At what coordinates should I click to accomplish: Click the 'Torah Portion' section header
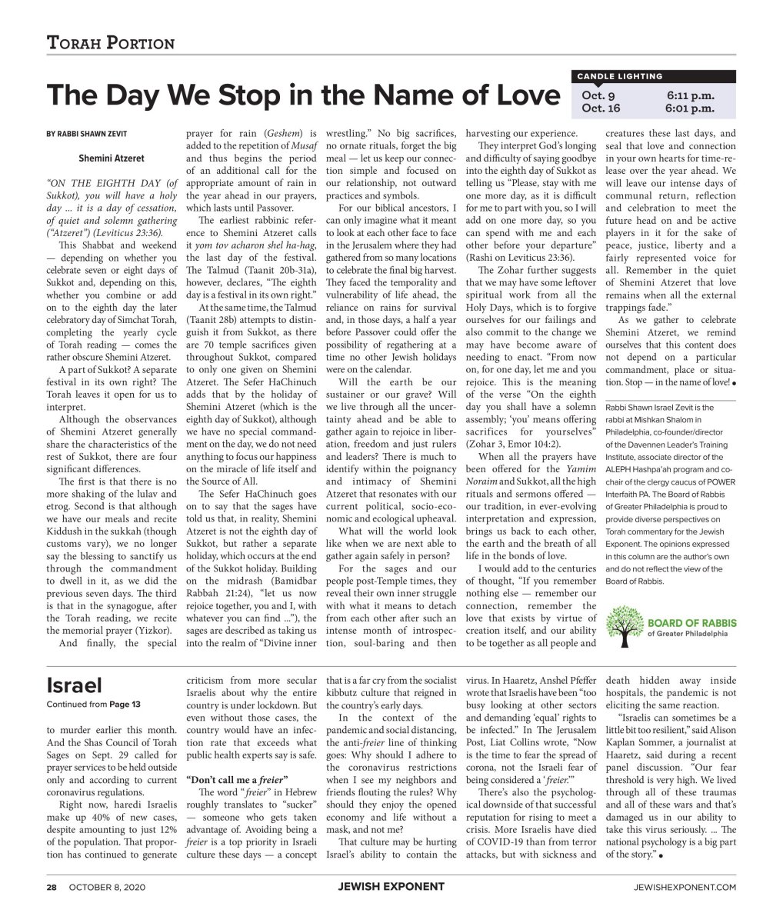coord(111,43)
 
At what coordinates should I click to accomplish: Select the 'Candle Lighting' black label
coord(619,76)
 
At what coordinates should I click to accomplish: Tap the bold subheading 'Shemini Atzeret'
coord(111,158)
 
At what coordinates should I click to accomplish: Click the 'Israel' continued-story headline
coord(74,685)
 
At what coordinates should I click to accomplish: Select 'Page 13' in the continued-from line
coord(125,704)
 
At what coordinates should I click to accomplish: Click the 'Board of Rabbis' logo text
coord(688,622)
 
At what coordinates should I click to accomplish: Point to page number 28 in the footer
coord(51,887)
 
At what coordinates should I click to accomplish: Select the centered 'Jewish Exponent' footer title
coord(391,887)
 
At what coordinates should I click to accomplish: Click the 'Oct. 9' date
coord(598,96)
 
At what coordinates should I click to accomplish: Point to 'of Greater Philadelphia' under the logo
coord(687,634)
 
